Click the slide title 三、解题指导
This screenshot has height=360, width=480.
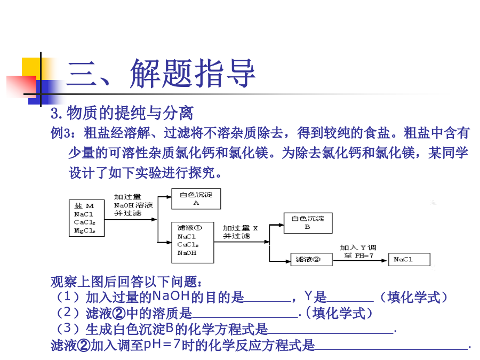point(161,74)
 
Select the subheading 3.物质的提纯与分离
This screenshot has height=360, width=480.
point(122,113)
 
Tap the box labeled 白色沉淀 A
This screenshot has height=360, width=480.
point(196,199)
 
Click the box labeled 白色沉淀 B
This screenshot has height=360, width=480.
point(308,223)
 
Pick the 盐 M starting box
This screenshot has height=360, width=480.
point(86,218)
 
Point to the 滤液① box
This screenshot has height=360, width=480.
point(193,243)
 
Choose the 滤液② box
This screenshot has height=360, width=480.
point(311,260)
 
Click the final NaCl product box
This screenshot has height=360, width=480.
point(409,260)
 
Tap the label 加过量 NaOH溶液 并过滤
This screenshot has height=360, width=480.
point(133,205)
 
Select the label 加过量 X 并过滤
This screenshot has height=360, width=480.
point(241,232)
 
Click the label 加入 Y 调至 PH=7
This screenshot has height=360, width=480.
point(358,252)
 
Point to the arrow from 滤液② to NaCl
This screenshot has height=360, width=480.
point(360,260)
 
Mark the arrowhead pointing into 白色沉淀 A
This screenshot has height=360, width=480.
point(169,197)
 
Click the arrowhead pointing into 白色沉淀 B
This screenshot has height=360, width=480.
point(281,225)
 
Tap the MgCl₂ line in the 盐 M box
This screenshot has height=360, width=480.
point(85,230)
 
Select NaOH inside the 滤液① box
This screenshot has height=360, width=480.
point(187,253)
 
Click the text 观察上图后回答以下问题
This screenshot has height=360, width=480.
point(126,282)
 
